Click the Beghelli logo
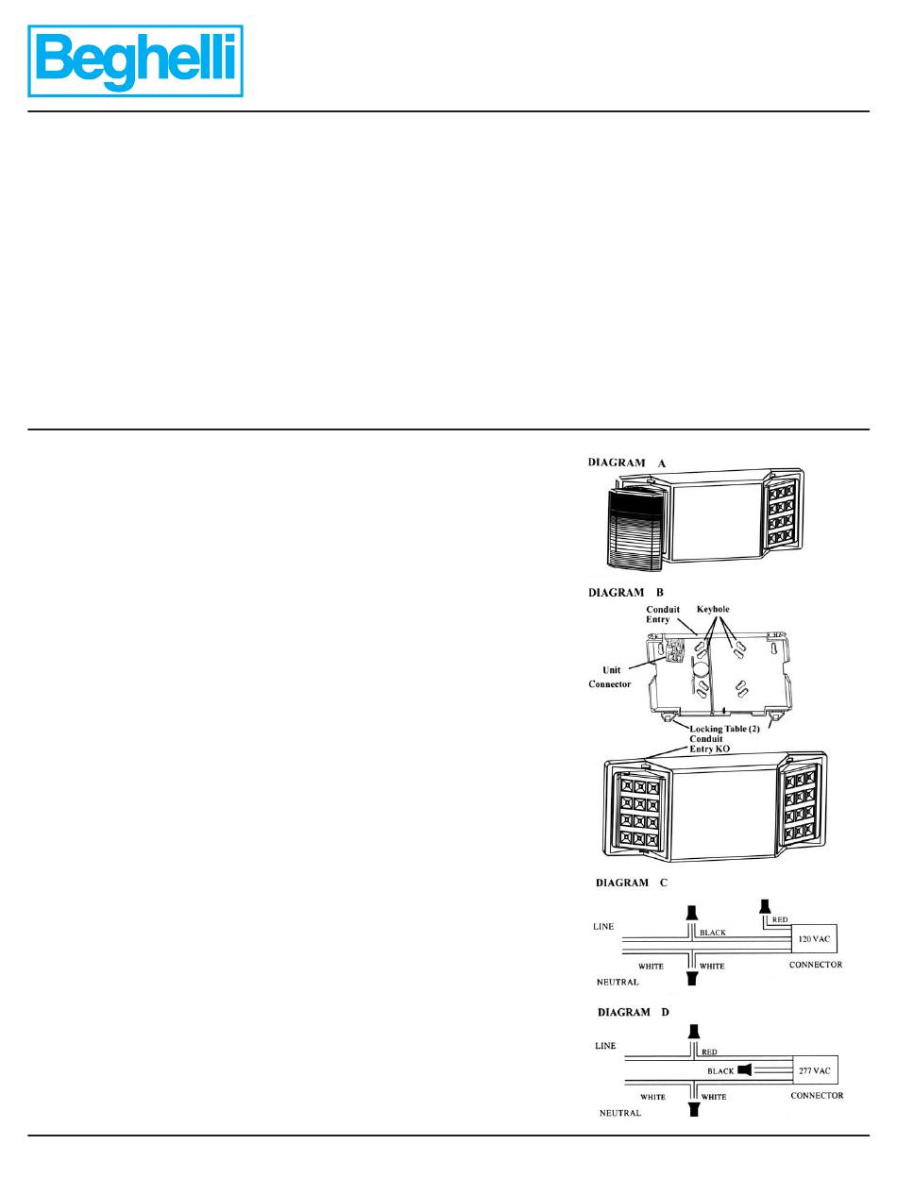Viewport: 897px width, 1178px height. pos(136,60)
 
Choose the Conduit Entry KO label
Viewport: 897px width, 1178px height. pos(708,746)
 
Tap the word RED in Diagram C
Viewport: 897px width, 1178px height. pos(780,918)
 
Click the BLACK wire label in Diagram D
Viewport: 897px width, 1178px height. pos(720,1071)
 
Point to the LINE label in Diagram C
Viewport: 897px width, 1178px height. pos(603,927)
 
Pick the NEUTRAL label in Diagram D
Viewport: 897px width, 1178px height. pos(620,1113)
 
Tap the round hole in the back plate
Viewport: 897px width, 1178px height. pos(702,677)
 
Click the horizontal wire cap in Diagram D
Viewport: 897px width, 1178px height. pos(746,1070)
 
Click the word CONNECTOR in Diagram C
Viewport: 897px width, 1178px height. pos(815,965)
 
